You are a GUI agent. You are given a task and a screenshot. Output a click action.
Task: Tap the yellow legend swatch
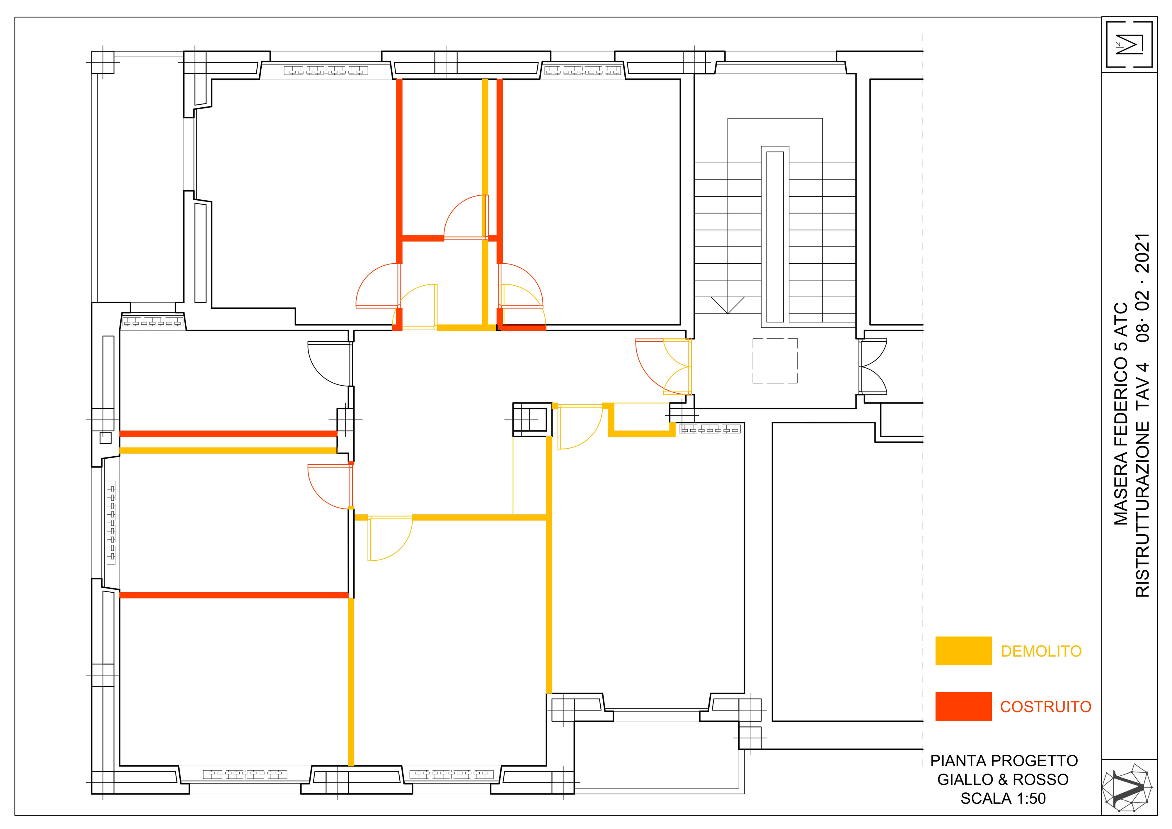tap(963, 651)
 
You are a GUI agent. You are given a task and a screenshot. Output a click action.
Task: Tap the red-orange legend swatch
tap(963, 706)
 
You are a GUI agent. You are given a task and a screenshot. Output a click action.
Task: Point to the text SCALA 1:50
tap(1003, 798)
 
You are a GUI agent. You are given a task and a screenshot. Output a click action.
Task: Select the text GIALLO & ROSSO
tap(1003, 779)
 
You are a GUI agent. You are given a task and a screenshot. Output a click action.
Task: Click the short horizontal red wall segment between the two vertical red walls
tap(423, 238)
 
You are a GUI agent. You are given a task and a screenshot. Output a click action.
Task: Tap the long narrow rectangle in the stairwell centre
tap(775, 237)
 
